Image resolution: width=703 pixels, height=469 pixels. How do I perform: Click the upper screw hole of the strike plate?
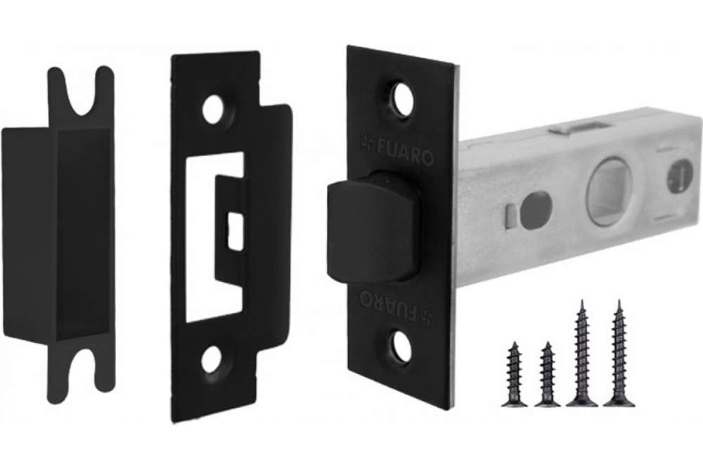(x=212, y=110)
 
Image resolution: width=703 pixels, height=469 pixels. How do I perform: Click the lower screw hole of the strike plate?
(x=211, y=359)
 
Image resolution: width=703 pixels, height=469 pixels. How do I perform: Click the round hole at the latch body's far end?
(x=680, y=178)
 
